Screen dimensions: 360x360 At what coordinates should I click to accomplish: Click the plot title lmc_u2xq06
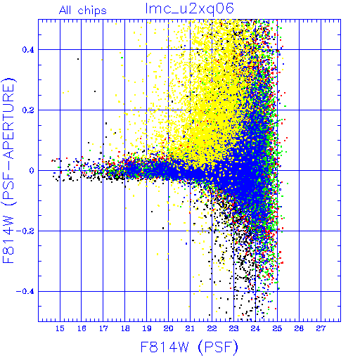point(190,9)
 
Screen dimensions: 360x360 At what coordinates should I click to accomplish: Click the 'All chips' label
point(83,11)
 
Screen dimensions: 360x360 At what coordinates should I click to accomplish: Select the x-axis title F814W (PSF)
point(189,347)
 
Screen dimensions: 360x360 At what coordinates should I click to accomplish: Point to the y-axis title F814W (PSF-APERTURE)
point(8,170)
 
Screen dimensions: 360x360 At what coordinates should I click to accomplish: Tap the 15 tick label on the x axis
point(60,328)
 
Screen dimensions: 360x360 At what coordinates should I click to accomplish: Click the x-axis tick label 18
point(125,328)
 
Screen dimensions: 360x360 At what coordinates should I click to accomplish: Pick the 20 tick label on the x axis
point(168,328)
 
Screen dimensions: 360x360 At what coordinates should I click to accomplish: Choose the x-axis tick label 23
point(233,328)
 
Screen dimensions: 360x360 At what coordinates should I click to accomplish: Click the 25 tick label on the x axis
point(277,328)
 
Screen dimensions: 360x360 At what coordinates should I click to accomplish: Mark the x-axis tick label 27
point(321,328)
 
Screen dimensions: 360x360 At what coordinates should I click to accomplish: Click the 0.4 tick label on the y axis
point(28,50)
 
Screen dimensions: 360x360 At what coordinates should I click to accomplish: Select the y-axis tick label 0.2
point(28,110)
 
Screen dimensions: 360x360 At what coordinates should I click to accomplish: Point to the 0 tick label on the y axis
point(32,171)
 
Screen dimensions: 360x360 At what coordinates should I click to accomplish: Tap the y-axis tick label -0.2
point(25,231)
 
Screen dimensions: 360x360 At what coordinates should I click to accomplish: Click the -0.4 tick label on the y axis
point(25,292)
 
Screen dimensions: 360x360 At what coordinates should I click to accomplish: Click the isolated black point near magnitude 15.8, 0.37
point(78,59)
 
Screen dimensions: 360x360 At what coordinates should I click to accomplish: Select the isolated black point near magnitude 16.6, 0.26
point(95,91)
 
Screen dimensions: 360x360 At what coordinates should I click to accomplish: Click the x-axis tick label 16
point(82,328)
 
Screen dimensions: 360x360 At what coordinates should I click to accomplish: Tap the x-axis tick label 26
point(299,328)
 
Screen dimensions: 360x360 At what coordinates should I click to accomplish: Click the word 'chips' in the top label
point(92,11)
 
